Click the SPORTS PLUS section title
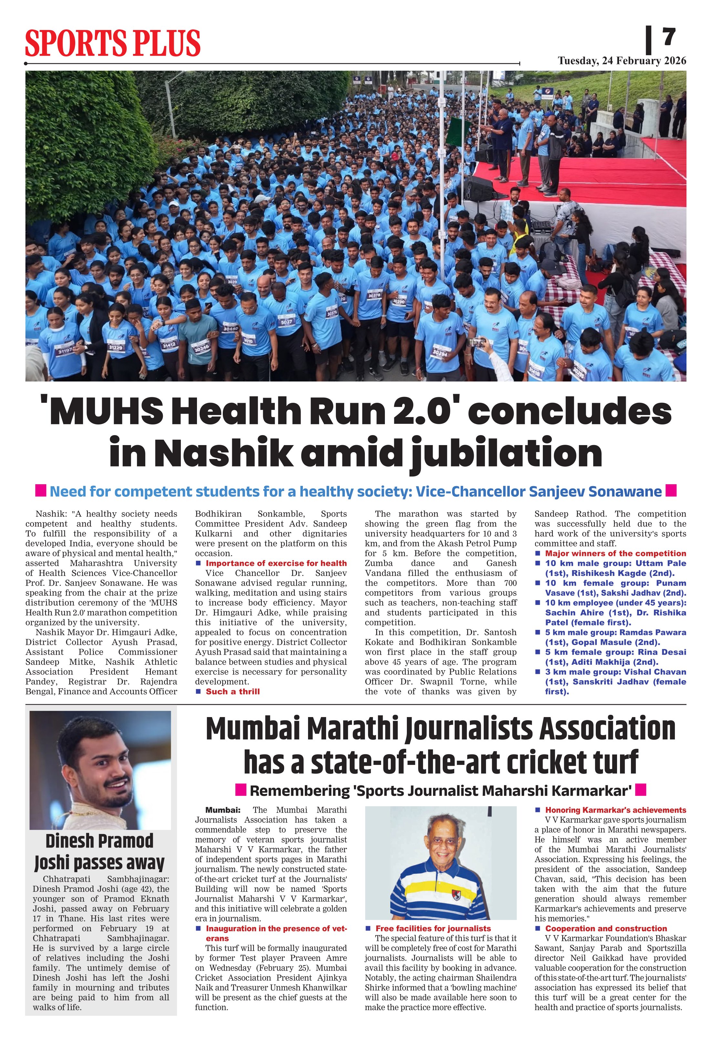coord(113,43)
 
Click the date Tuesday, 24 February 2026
coord(622,61)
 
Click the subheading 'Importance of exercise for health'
coord(276,563)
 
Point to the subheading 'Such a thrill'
coord(232,692)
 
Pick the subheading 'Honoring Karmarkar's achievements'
coord(615,810)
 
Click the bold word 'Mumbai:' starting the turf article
coord(222,810)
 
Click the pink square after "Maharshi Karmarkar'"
coord(642,790)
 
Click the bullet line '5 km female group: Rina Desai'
coord(615,652)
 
